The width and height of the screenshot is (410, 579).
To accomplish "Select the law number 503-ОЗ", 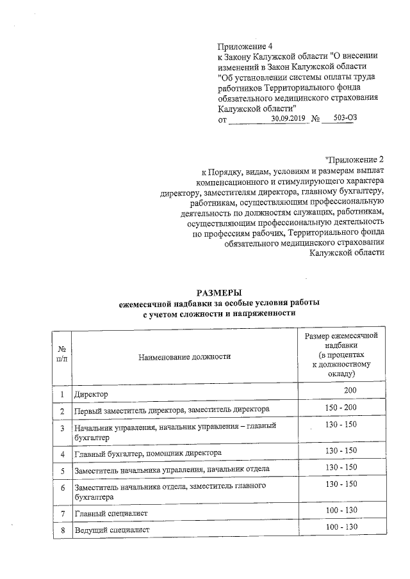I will (x=339, y=119).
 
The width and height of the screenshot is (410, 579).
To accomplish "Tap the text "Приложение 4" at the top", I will (x=245, y=47).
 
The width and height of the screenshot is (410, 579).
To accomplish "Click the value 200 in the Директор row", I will (x=350, y=390).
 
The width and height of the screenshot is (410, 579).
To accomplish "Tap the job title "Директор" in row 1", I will (x=92, y=393).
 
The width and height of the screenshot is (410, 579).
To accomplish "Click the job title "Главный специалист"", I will (x=111, y=513).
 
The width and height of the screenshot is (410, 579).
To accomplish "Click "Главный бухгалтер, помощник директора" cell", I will (x=148, y=453).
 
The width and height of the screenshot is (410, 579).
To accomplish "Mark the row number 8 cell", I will (x=63, y=530).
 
